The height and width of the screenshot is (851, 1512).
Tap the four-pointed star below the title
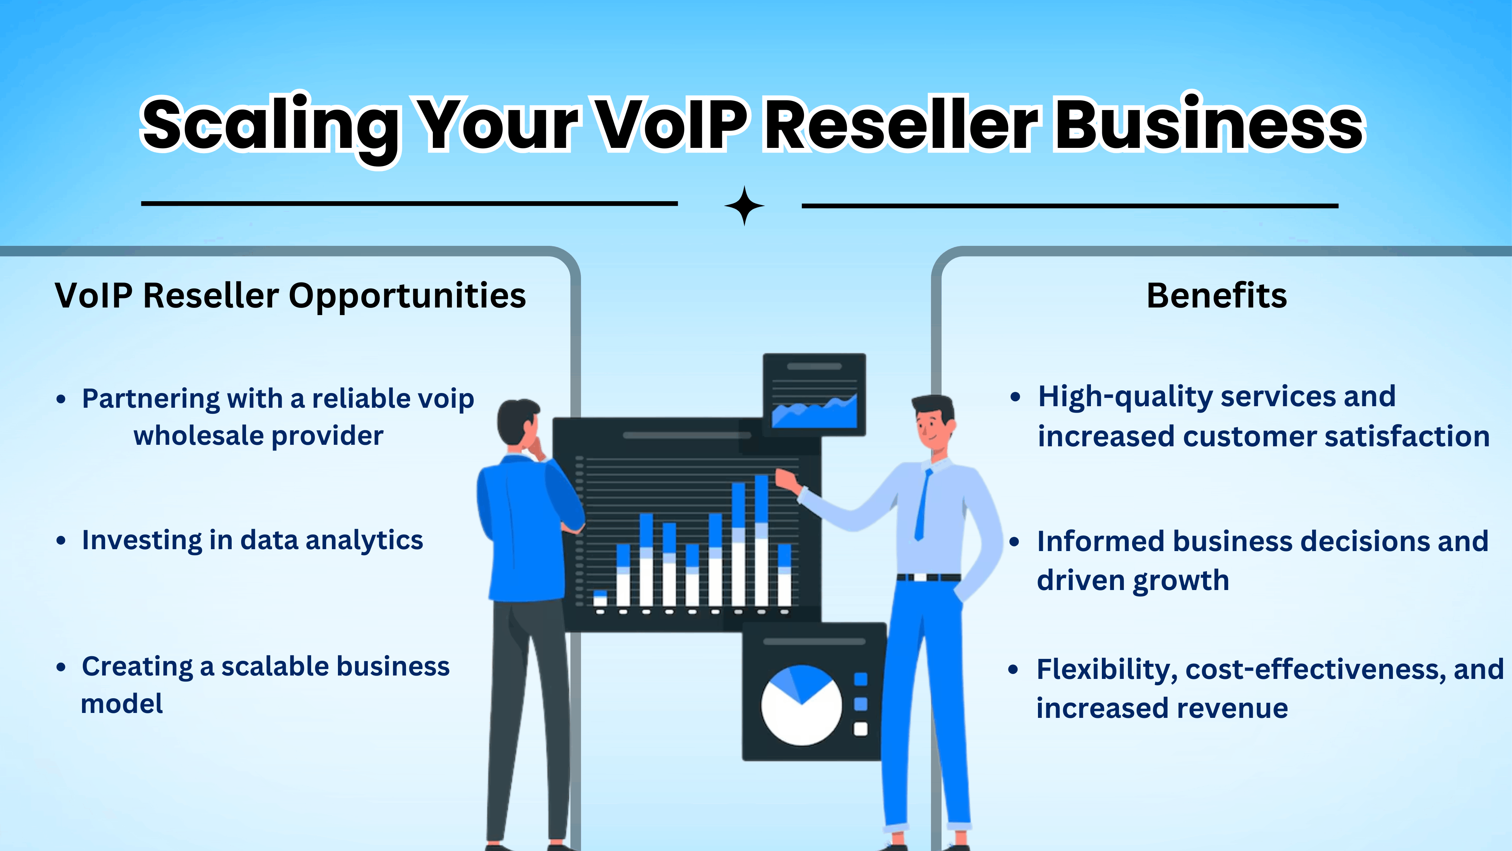(x=744, y=205)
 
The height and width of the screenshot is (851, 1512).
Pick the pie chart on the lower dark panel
(x=801, y=705)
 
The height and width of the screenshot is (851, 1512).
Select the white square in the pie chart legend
(x=860, y=729)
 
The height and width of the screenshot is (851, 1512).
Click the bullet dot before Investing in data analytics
(x=61, y=540)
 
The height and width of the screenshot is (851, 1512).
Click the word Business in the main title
(x=1209, y=125)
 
